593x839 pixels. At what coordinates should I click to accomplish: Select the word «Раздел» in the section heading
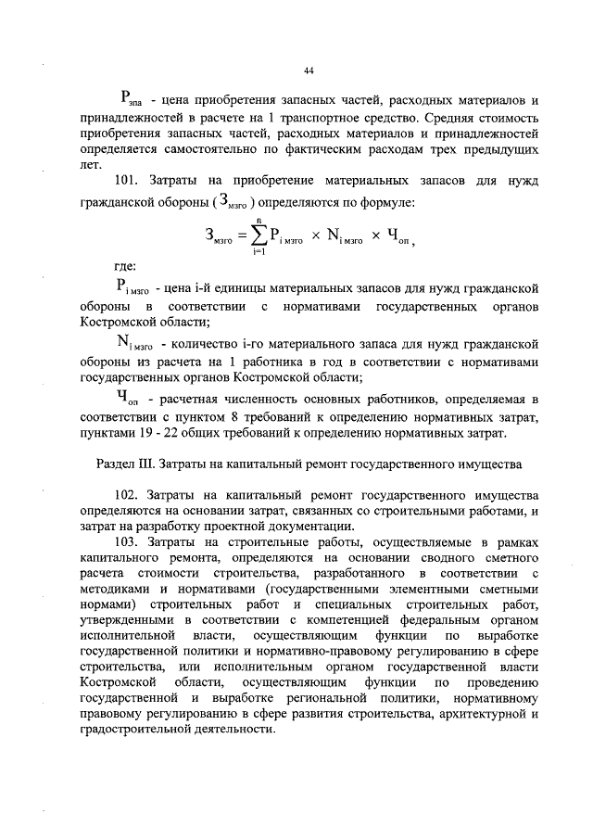(117, 461)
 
